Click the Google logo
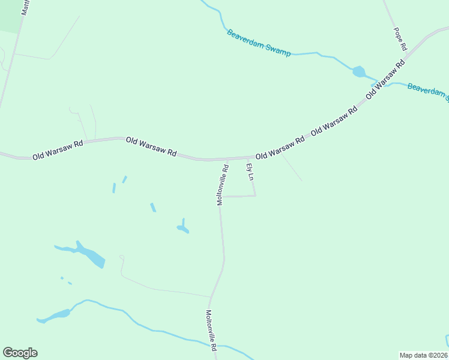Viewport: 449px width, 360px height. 20,353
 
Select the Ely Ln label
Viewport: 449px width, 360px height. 250,170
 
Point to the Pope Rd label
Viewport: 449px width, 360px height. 400,38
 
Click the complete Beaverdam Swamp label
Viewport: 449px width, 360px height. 259,43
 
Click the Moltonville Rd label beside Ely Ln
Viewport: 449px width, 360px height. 223,185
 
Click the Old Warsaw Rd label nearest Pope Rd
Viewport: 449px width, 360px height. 386,79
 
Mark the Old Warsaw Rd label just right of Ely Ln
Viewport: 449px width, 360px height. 280,148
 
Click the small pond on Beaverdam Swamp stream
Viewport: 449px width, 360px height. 359,72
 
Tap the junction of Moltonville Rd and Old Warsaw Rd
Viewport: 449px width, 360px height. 220,160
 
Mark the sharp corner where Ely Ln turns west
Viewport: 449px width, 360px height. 255,196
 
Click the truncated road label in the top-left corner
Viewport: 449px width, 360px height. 25,7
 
